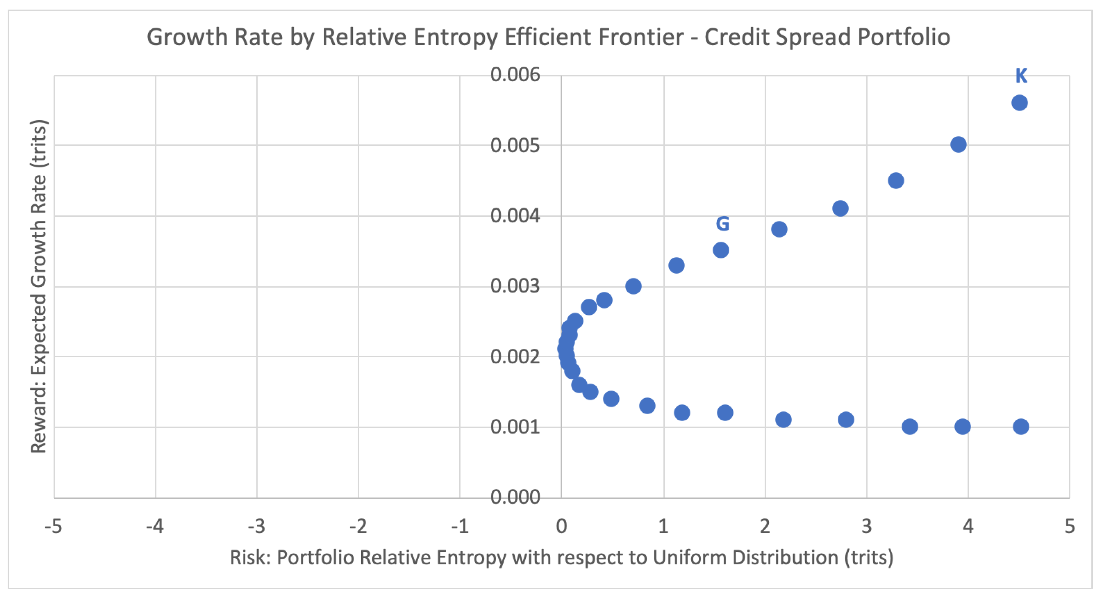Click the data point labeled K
pyautogui.click(x=1019, y=103)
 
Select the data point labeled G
pyautogui.click(x=721, y=250)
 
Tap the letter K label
pyautogui.click(x=1021, y=76)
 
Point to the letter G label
pyautogui.click(x=722, y=224)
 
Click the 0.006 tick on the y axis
pyautogui.click(x=515, y=75)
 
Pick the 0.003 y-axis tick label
pyautogui.click(x=515, y=286)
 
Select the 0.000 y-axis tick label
pyautogui.click(x=515, y=497)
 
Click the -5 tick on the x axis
pyautogui.click(x=54, y=526)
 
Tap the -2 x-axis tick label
pyautogui.click(x=358, y=526)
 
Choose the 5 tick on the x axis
pyautogui.click(x=1070, y=526)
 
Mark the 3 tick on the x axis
pyautogui.click(x=867, y=526)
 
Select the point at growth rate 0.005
pyautogui.click(x=958, y=144)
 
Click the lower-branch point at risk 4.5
pyautogui.click(x=1021, y=427)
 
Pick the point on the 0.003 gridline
pyautogui.click(x=633, y=286)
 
